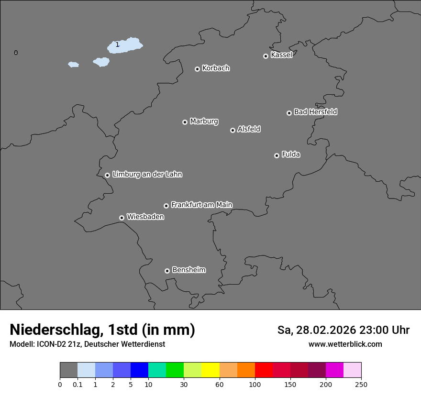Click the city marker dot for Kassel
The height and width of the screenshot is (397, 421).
click(x=266, y=56)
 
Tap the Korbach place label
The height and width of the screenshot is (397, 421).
click(x=216, y=68)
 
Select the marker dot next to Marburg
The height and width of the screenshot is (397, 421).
click(x=185, y=122)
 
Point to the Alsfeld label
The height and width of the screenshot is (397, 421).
click(x=249, y=129)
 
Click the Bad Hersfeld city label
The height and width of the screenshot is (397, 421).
click(x=315, y=112)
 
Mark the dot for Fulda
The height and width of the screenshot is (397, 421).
click(x=277, y=155)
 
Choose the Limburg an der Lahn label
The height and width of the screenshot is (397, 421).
click(x=147, y=174)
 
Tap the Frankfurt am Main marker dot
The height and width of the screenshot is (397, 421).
click(x=166, y=206)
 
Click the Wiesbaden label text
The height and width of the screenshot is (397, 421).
click(x=145, y=217)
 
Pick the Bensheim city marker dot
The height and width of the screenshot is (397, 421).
click(x=167, y=271)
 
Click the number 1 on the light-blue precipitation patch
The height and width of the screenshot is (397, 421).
click(x=117, y=44)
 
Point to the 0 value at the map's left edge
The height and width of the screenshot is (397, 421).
click(x=16, y=53)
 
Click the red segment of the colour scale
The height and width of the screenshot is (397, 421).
click(x=264, y=370)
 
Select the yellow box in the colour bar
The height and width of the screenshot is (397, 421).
click(x=210, y=370)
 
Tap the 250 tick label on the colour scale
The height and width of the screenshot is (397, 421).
click(x=361, y=384)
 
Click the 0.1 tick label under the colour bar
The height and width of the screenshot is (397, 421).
click(x=78, y=384)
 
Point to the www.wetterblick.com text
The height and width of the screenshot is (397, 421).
click(x=345, y=344)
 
